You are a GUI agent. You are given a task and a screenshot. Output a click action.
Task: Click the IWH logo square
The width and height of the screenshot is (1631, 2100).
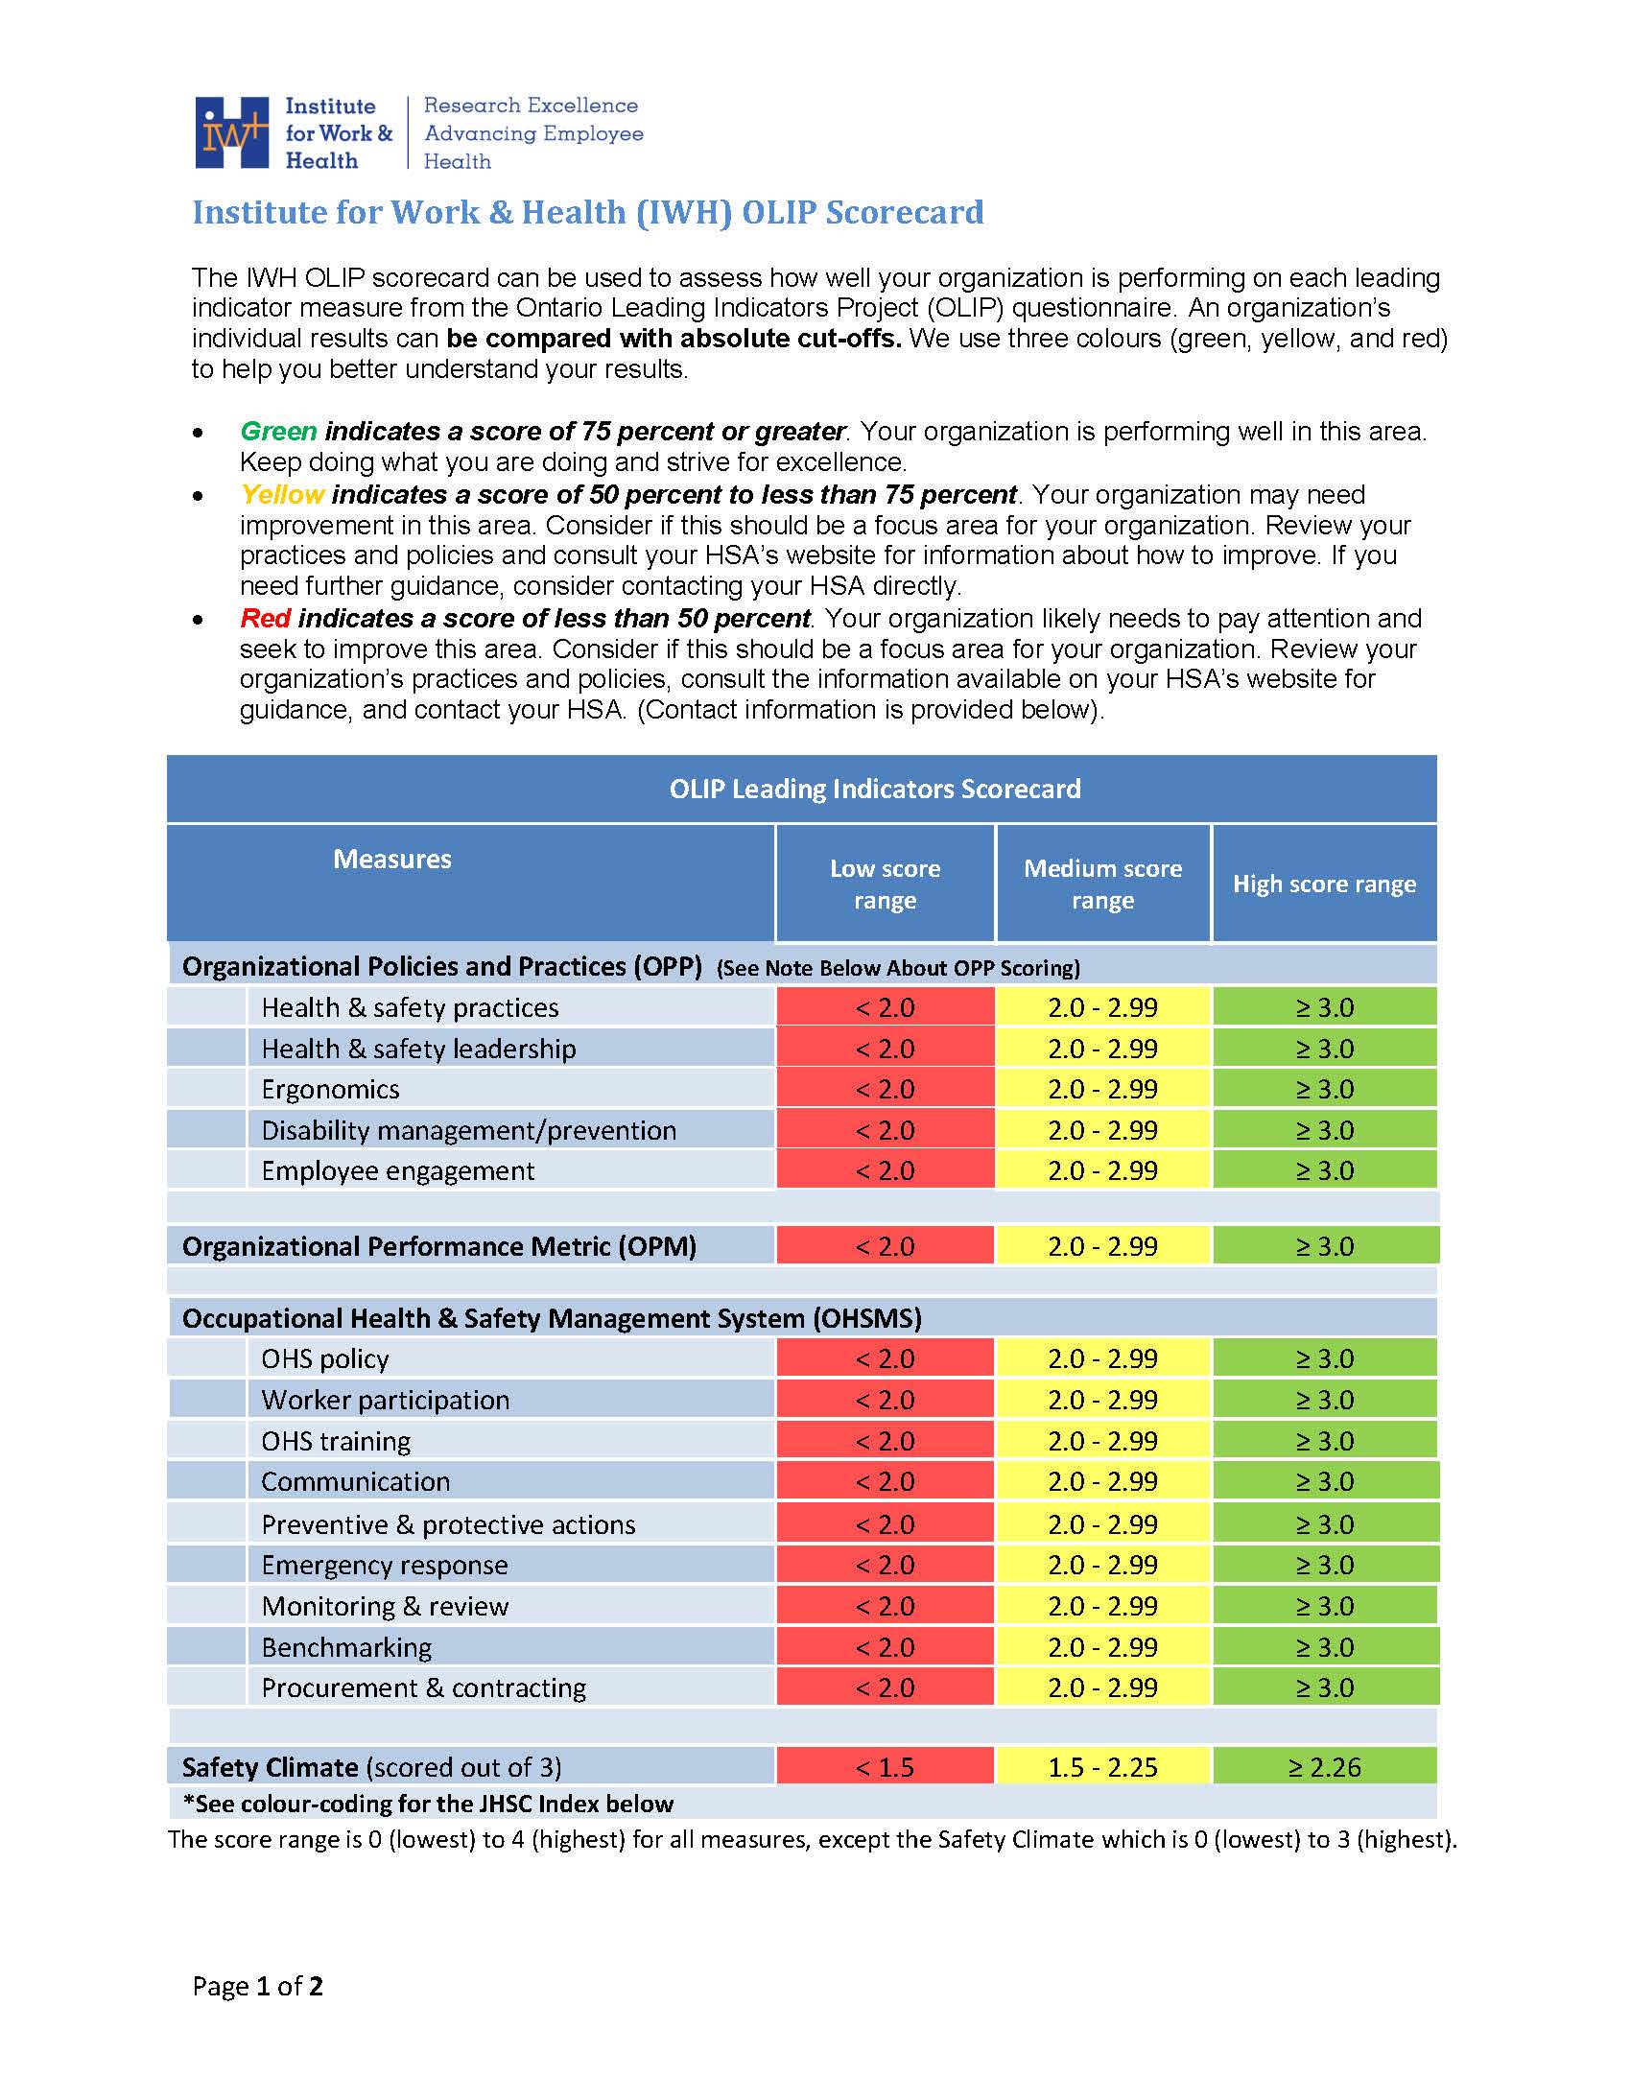(231, 132)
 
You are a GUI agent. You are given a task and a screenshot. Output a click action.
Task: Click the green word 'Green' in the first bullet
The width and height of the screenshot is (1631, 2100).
(278, 431)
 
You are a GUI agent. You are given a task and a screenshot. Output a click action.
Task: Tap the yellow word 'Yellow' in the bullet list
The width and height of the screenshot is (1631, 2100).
(282, 494)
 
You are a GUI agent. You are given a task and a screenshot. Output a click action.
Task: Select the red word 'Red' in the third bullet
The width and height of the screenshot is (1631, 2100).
(265, 618)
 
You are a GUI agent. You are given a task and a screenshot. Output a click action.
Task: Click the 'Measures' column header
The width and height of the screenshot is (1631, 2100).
(391, 859)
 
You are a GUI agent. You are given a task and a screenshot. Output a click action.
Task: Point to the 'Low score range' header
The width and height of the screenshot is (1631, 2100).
(885, 884)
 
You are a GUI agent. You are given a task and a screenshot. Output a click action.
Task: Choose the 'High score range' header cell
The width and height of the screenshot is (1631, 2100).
(1324, 884)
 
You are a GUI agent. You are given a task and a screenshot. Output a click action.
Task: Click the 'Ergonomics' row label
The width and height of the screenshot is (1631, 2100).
(330, 1090)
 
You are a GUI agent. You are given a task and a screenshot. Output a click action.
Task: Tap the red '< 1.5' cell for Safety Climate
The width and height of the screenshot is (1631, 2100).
(885, 1767)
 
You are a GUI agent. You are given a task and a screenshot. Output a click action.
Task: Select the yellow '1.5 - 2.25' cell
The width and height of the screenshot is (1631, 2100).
(1102, 1767)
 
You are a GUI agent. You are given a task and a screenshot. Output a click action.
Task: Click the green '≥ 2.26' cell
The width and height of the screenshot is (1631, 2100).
(1324, 1767)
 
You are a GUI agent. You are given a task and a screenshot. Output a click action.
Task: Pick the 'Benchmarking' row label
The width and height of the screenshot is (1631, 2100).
(346, 1647)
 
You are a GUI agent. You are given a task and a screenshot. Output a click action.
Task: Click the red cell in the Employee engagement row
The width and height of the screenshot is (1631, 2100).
(885, 1171)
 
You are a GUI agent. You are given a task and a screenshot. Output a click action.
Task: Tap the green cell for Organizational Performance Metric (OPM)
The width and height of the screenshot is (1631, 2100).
(1324, 1246)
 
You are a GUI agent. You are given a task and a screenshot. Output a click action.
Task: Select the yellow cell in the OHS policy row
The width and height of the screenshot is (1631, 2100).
(1102, 1358)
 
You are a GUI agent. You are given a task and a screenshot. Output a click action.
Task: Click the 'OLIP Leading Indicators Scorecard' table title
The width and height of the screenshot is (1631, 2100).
(874, 789)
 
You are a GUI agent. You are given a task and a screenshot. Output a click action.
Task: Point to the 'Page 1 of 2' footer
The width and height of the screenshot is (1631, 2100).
(257, 1987)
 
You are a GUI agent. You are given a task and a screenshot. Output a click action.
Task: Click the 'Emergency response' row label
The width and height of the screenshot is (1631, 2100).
(384, 1566)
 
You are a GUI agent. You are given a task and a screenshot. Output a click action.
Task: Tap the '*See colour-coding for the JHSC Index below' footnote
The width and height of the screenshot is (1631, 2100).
(427, 1804)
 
